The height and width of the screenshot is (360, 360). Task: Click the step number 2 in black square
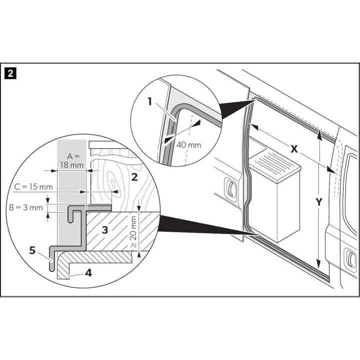[10, 74]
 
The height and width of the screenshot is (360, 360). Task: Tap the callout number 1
[150, 101]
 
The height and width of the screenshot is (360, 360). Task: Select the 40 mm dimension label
[188, 145]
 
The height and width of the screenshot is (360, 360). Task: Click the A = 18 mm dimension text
[72, 160]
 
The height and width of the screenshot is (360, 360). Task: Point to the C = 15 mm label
[33, 187]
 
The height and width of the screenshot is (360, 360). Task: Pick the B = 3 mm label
[26, 207]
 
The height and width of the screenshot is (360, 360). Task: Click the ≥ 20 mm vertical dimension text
[133, 232]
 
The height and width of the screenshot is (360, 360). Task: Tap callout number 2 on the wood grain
[134, 177]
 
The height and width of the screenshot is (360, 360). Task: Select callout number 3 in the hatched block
[105, 230]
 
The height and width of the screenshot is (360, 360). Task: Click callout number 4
[88, 273]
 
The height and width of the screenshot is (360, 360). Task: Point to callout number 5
[32, 250]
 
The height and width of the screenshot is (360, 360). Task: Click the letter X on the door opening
[294, 149]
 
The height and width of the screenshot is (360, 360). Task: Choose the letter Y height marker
[319, 202]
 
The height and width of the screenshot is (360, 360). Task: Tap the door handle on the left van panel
[230, 189]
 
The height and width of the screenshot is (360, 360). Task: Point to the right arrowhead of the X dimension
[331, 170]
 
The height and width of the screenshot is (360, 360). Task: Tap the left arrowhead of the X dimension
[254, 126]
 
